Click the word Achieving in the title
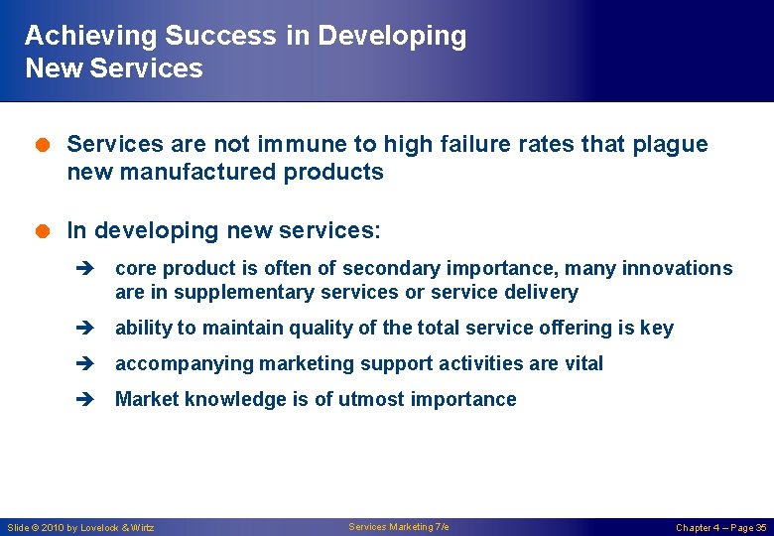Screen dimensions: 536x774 pyautogui.click(x=90, y=37)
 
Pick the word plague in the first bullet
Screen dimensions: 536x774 pyautogui.click(x=670, y=145)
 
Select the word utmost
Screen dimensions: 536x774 pyautogui.click(x=366, y=400)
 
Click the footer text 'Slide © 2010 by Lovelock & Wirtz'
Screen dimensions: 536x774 pyautogui.click(x=80, y=528)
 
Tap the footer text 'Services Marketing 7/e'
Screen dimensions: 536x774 pyautogui.click(x=399, y=527)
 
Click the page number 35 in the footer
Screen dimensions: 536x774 pyautogui.click(x=760, y=528)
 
